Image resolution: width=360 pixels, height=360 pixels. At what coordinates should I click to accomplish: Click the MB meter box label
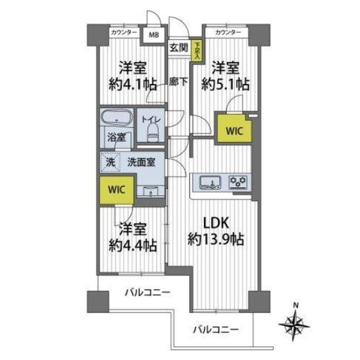pos(154,35)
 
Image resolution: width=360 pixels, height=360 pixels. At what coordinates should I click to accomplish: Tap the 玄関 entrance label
pos(179,48)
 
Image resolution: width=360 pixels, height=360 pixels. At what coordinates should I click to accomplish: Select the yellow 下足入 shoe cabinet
pos(197,51)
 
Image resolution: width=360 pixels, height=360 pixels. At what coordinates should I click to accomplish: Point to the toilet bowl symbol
pos(153,133)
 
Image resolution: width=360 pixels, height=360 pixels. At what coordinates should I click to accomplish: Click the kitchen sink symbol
pos(211,182)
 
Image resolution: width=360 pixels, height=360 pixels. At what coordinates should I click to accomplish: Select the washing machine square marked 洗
pos(111,163)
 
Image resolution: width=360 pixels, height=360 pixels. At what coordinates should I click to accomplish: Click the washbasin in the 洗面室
pos(151,191)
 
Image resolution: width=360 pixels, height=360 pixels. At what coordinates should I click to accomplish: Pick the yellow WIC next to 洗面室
pos(116,190)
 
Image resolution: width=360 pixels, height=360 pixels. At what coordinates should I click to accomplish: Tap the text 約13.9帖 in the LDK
pos(216,239)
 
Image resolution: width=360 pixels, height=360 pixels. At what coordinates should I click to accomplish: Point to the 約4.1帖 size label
pos(133,84)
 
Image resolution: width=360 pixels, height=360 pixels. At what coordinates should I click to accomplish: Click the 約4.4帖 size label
pos(133,245)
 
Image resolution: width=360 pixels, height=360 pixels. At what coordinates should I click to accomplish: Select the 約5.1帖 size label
pos(226,84)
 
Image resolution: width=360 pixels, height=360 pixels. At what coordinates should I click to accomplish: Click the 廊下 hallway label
pos(178,82)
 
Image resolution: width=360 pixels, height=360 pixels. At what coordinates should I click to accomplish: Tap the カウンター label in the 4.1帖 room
pos(124,32)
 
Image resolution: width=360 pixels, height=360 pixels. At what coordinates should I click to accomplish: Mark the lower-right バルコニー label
pos(216,329)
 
